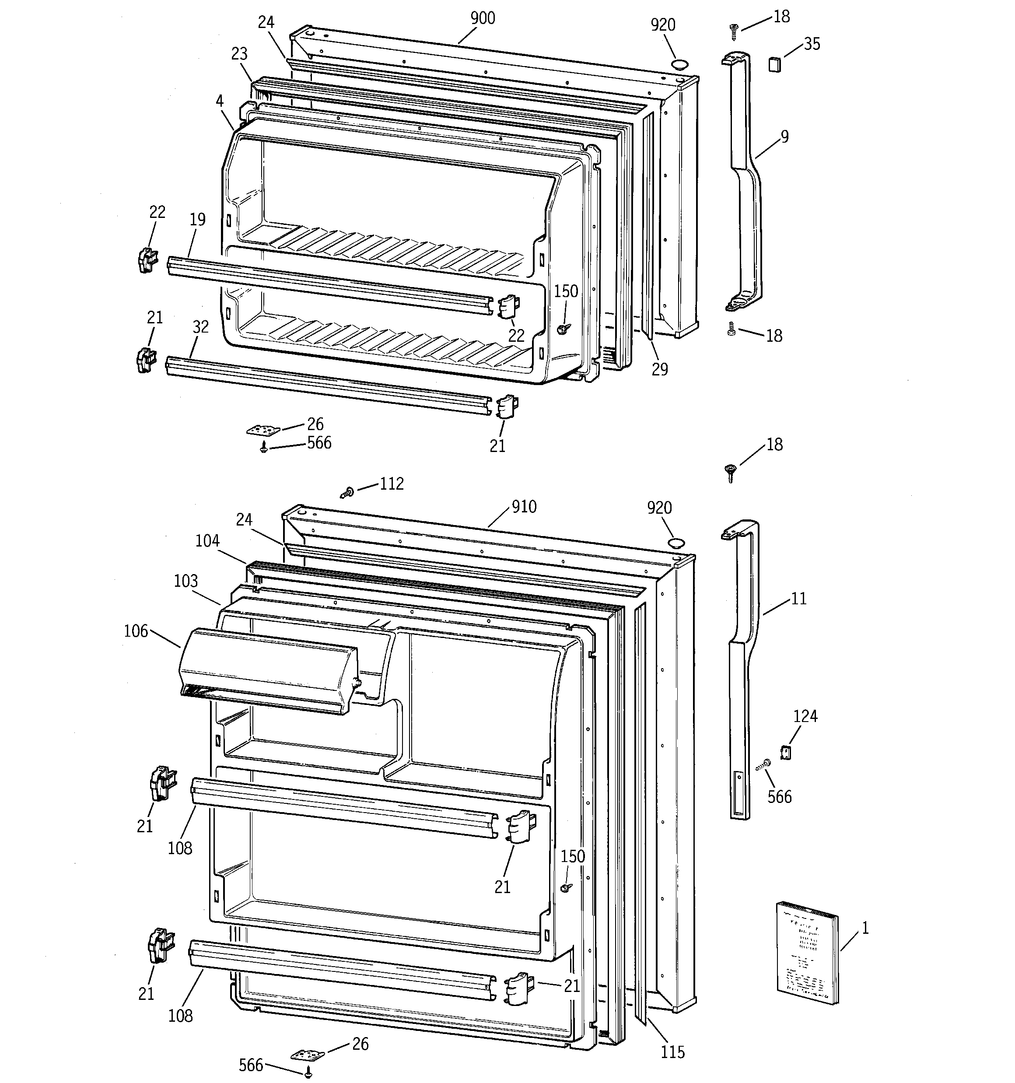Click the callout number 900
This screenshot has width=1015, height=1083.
[x=483, y=18]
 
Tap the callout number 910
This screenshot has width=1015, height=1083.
[x=524, y=507]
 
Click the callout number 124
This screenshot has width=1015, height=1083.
[x=805, y=716]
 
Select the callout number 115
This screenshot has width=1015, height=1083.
[x=672, y=1052]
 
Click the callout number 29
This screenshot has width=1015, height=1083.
[x=660, y=369]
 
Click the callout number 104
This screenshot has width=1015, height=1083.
[x=207, y=541]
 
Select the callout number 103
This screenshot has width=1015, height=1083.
[x=186, y=581]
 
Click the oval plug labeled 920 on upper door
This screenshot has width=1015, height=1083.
[x=679, y=65]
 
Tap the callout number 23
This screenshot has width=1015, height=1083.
[x=239, y=53]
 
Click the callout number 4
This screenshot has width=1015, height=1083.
[x=220, y=101]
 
